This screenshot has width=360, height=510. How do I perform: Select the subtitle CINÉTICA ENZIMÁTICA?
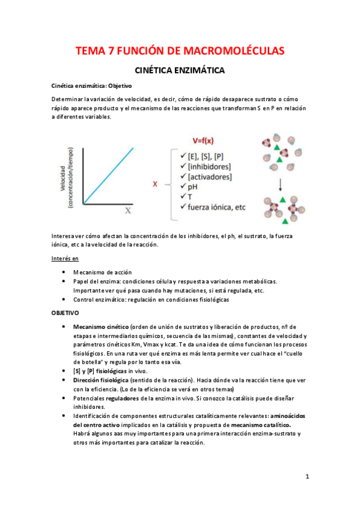180,71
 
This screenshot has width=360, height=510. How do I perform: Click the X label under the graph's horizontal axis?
127,210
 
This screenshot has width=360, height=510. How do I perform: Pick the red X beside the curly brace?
156,185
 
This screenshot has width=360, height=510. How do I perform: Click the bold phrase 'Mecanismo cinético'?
100,326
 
